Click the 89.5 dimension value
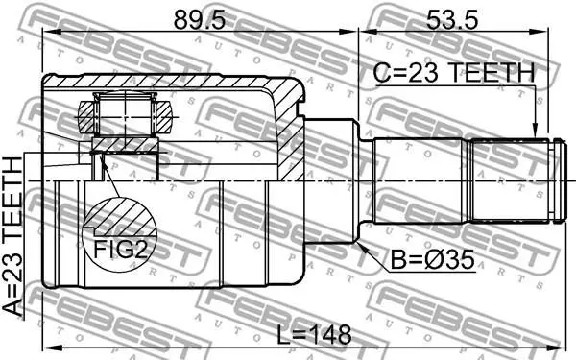point(200,20)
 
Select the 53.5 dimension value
point(452,20)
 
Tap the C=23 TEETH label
point(454,72)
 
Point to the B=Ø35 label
point(432,260)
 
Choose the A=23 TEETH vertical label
point(12,236)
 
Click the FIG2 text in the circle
point(120,249)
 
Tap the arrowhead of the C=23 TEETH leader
point(535,133)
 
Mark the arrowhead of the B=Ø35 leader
point(361,247)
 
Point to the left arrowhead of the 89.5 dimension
point(50,32)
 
